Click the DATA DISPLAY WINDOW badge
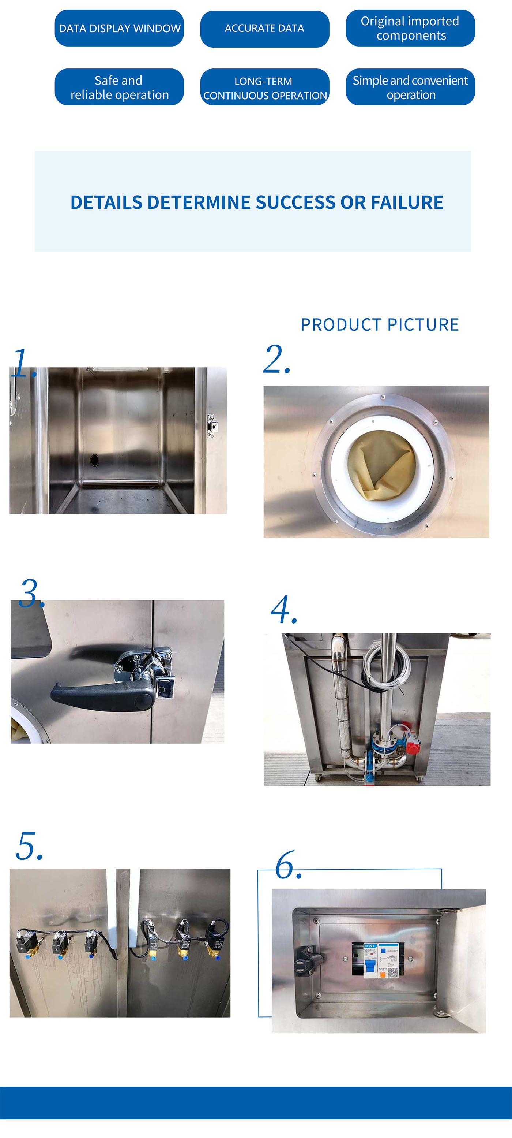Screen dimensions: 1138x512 [119, 28]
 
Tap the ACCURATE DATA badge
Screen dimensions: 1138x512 [264, 29]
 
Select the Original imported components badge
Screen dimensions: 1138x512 [410, 28]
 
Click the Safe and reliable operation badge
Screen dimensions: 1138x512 [119, 87]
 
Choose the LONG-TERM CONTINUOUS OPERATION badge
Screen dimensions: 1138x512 [264, 88]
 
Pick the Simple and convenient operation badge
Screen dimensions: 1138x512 [410, 87]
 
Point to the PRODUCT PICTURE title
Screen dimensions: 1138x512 [380, 325]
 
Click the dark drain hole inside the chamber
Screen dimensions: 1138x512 [94, 460]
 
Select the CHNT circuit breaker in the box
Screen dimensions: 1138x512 [370, 960]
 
